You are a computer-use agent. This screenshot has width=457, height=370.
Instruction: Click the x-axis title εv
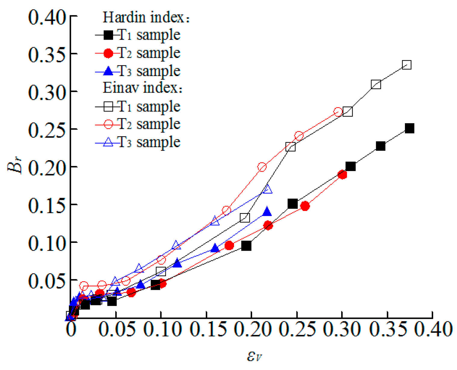(x=255, y=356)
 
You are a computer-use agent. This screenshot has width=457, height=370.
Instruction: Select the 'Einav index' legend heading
(x=143, y=88)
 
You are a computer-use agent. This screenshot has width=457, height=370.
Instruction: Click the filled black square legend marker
(x=108, y=35)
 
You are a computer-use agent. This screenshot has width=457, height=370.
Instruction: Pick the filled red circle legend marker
(x=108, y=54)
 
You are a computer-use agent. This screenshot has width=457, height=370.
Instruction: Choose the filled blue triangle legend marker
(x=108, y=72)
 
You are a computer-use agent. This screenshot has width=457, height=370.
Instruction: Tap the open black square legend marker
(x=108, y=107)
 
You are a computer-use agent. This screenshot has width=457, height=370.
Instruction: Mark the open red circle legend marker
(x=108, y=124)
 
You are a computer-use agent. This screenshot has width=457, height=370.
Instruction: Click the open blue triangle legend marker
(x=108, y=142)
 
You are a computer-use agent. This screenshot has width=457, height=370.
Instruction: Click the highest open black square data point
(x=406, y=65)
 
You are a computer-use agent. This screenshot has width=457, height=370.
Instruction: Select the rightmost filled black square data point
(x=409, y=129)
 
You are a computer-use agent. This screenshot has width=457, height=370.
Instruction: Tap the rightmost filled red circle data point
(x=342, y=175)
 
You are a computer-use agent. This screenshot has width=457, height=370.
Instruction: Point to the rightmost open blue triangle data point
(x=267, y=189)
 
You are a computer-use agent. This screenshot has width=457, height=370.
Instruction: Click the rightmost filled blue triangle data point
(x=267, y=212)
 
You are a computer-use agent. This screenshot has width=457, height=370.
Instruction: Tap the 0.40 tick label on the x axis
(x=433, y=329)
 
